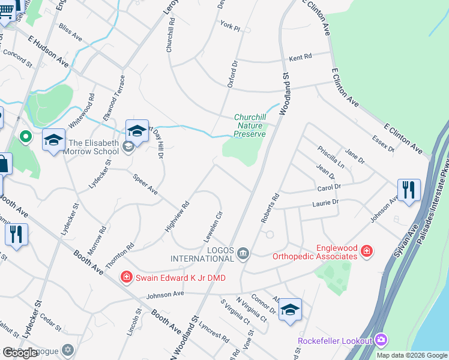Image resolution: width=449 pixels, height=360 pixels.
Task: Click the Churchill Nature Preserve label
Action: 250,125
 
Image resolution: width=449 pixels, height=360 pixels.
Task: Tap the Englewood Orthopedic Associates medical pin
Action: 366,251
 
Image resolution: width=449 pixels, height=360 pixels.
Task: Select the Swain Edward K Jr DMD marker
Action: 126,277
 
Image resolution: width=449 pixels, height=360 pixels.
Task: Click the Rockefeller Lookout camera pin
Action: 381,340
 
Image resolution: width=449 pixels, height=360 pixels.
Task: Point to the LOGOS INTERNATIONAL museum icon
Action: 243,253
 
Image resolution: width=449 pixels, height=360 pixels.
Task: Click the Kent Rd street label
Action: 301,58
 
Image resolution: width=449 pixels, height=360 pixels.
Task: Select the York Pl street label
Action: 230,28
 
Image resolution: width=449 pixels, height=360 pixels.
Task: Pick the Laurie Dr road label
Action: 326,203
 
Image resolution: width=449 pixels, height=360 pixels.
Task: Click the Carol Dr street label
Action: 329,187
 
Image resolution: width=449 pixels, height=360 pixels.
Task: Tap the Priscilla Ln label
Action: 331,156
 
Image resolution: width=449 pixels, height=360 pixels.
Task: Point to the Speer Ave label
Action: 145,185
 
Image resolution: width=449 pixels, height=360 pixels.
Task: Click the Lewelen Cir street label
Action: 215,222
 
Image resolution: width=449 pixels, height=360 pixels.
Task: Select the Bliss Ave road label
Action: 70,32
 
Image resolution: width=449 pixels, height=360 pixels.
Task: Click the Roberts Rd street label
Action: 270,208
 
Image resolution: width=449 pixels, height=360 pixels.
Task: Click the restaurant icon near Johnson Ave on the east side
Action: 409,190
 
